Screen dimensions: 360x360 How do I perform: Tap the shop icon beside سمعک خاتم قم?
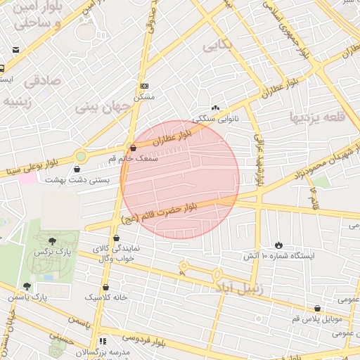coord(133,148)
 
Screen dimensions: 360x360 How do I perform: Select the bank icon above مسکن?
coord(144,86)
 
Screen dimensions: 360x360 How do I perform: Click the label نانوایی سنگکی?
coord(216,119)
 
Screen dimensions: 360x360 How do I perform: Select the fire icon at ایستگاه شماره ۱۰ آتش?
coord(279,244)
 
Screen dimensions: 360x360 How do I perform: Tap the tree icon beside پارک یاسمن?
coord(27,286)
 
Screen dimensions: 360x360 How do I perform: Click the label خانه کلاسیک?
coord(106,297)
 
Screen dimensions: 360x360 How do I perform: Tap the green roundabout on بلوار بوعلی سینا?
coord(81,156)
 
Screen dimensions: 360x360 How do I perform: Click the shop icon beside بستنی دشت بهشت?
coord(77,169)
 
